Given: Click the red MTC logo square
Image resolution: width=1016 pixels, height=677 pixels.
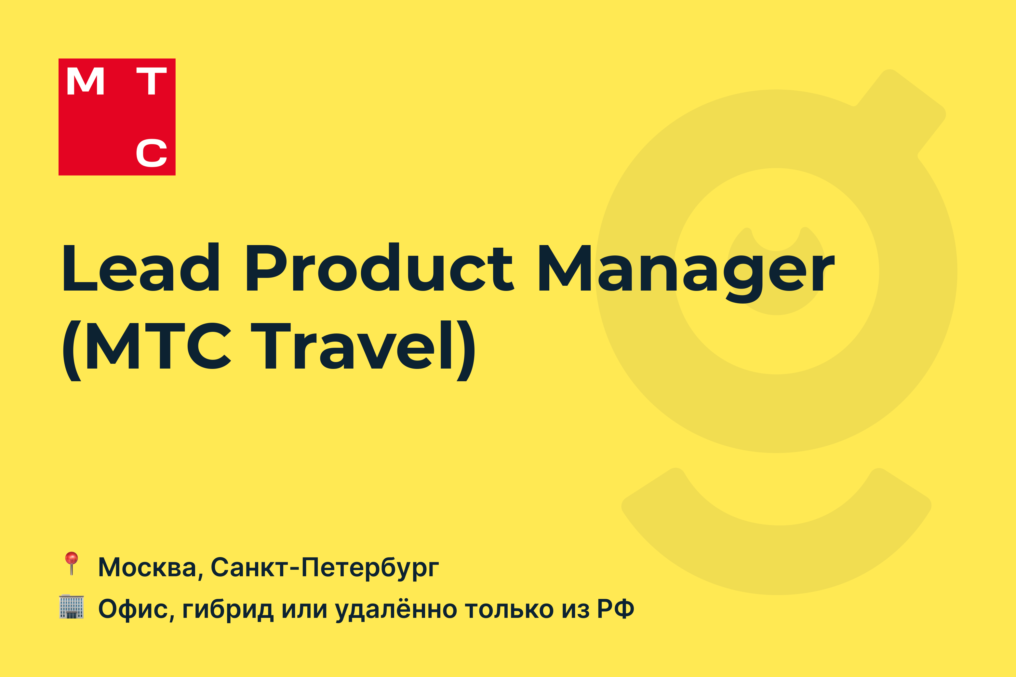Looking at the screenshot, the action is coord(117,117).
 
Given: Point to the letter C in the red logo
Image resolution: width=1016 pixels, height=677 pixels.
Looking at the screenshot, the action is coord(152,152).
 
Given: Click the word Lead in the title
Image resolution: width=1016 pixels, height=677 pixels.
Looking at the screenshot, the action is coord(141,267).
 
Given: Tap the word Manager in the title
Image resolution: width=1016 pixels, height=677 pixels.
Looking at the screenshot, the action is coord(687,273).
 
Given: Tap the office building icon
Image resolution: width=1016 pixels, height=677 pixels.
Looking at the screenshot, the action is coord(71,606).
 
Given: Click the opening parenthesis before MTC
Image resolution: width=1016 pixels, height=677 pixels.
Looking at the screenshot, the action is coord(73,351).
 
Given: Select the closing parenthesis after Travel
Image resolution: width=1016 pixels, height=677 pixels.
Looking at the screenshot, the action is coord(466,351).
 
